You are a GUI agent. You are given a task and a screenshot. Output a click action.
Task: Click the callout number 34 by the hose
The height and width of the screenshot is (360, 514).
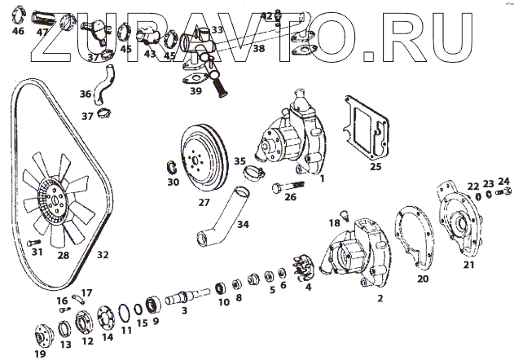(x=242, y=224)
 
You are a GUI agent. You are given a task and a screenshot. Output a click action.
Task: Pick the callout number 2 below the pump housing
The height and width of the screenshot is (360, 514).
(x=379, y=299)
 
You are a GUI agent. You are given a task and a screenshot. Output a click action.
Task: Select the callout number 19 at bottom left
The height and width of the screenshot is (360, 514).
(x=40, y=353)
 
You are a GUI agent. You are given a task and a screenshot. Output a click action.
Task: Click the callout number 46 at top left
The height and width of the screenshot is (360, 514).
(x=19, y=32)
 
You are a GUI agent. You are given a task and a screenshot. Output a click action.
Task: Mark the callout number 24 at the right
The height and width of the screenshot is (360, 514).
(x=504, y=182)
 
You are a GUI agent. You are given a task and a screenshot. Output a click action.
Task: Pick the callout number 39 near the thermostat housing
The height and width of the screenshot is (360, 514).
(x=196, y=91)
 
